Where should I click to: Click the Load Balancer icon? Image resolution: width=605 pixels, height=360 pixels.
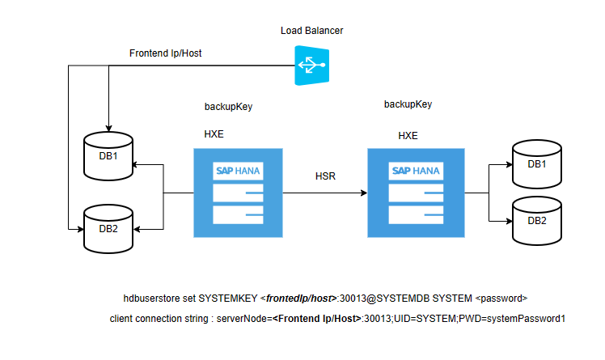click(x=311, y=66)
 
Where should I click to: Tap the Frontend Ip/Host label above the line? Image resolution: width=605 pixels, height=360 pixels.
click(x=166, y=53)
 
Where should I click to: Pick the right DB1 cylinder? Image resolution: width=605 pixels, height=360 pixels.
click(x=536, y=165)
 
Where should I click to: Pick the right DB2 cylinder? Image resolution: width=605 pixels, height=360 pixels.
click(x=536, y=221)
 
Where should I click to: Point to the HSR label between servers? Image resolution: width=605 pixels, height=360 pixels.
click(x=325, y=176)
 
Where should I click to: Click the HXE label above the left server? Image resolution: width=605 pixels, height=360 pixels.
click(x=214, y=133)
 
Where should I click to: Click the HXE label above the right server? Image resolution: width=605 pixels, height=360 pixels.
click(x=408, y=135)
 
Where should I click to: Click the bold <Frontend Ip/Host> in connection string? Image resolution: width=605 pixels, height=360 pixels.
click(x=315, y=319)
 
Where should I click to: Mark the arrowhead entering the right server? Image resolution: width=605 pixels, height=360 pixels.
click(x=363, y=193)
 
